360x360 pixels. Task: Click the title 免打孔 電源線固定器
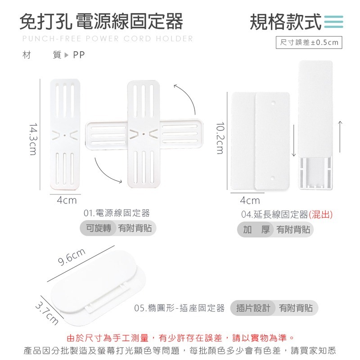point(101,21)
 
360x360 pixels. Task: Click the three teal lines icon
point(333,22)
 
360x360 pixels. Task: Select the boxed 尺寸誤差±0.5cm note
point(309,43)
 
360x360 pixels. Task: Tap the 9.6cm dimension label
point(72,257)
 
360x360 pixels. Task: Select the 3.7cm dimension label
point(47,314)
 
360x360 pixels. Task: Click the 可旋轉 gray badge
point(99,228)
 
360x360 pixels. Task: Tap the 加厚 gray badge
point(256,229)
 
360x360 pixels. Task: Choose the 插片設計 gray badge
point(253,308)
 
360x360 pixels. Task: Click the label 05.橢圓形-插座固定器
point(180,308)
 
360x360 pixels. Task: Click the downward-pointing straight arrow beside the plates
point(294,139)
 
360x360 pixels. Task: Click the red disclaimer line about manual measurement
point(180,337)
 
